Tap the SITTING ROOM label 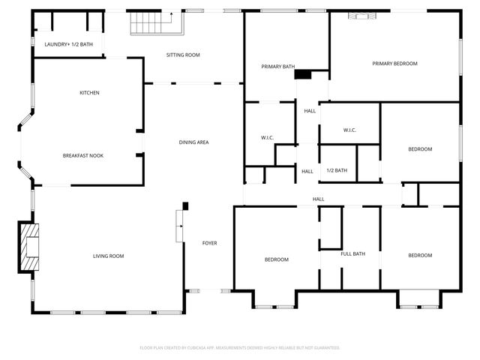(x=183, y=55)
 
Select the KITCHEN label (x=90, y=93)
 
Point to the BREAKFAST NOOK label (x=82, y=155)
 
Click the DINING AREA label (x=193, y=142)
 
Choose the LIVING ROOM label (x=108, y=256)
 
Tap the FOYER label (x=210, y=243)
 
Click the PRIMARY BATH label (x=277, y=67)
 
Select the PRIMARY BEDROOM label (x=394, y=64)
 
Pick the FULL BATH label (x=352, y=254)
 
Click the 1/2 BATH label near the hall (x=337, y=171)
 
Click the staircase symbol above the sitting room (x=148, y=25)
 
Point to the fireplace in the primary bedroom (x=362, y=16)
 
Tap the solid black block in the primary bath (x=303, y=73)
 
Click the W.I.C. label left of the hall (x=266, y=138)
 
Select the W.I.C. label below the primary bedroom (x=349, y=130)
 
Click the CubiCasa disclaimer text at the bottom (x=240, y=348)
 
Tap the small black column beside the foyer (x=185, y=205)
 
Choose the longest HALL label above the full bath (x=318, y=199)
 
